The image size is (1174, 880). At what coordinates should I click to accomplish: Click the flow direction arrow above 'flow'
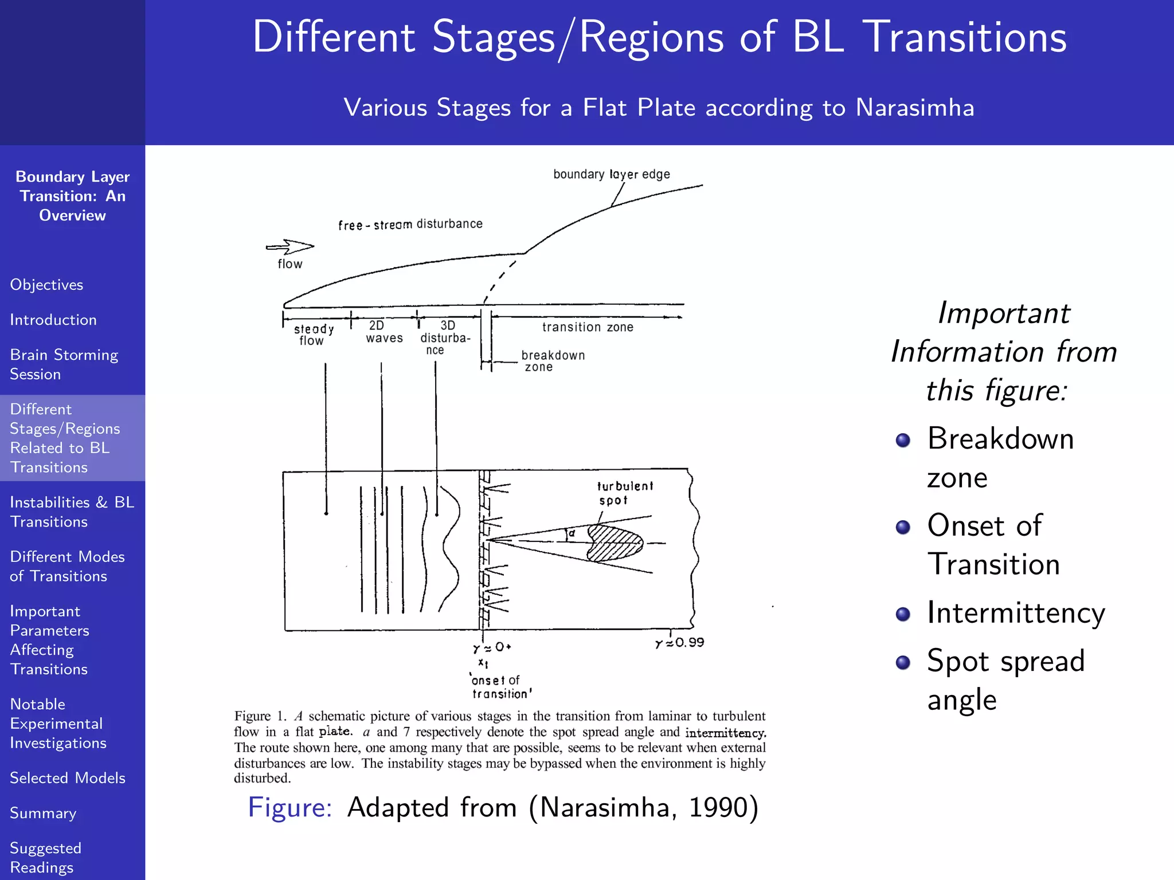click(290, 247)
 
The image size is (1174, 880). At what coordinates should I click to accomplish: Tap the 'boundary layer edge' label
click(611, 174)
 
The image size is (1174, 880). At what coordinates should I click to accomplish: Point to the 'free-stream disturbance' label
click(410, 224)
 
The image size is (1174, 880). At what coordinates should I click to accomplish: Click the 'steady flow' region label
click(313, 335)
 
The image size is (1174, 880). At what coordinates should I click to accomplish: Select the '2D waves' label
click(383, 332)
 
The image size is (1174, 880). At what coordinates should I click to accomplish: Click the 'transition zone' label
click(588, 327)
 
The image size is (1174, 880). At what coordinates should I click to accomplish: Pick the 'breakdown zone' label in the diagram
click(552, 361)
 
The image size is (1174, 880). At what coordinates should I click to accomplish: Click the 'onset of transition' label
click(500, 687)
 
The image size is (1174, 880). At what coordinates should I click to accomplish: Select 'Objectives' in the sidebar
click(46, 285)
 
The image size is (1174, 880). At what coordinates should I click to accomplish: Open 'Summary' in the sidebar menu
click(43, 813)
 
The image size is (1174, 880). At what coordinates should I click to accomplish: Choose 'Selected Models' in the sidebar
click(68, 778)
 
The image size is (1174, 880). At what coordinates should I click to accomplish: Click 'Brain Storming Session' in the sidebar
click(64, 364)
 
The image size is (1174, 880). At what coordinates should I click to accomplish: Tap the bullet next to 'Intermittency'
click(903, 614)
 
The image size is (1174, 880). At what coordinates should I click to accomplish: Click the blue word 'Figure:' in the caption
click(289, 807)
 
